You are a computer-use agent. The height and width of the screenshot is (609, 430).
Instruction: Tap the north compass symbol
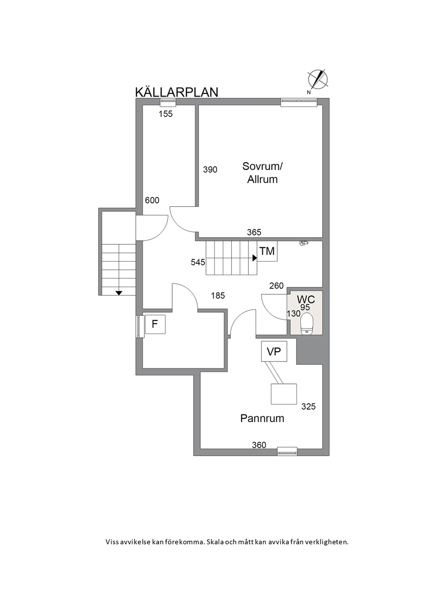(317, 80)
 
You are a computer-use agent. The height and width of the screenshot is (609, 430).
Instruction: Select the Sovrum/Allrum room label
(263, 173)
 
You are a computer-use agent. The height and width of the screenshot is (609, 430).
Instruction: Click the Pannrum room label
(262, 418)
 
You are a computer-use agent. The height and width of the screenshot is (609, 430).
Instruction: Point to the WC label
(306, 300)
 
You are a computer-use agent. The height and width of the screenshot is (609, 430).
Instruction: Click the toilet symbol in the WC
(307, 323)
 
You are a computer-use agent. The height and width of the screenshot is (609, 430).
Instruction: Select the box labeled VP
(274, 352)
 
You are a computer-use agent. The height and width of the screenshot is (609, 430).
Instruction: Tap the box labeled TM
(267, 251)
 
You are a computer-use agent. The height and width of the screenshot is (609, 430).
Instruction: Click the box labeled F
(155, 324)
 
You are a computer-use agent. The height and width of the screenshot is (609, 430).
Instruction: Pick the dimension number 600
(152, 201)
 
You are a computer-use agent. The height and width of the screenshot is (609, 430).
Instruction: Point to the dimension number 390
(210, 170)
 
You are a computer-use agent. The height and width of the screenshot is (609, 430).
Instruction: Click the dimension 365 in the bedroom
(254, 232)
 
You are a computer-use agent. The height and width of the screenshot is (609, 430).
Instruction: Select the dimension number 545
(198, 262)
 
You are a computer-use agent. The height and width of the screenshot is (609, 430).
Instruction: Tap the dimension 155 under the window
(166, 114)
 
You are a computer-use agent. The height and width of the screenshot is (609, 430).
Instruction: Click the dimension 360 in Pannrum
(259, 445)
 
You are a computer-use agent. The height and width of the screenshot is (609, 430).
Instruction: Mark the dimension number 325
(308, 406)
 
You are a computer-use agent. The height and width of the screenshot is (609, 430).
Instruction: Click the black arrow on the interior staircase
(254, 258)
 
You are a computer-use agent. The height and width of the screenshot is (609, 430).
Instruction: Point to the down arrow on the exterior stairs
(119, 293)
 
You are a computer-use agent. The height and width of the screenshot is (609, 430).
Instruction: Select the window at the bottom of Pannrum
(287, 451)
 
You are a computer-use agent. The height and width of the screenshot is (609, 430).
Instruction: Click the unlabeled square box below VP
(283, 394)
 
